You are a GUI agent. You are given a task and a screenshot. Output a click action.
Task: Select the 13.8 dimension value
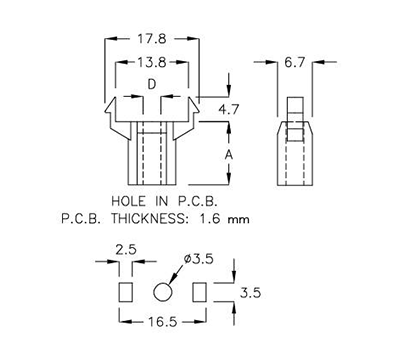point(150,65)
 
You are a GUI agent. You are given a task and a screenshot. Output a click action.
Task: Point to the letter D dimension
point(150,87)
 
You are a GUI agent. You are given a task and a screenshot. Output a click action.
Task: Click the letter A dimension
point(229,155)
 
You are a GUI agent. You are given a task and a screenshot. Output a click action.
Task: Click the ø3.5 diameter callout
point(198,258)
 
